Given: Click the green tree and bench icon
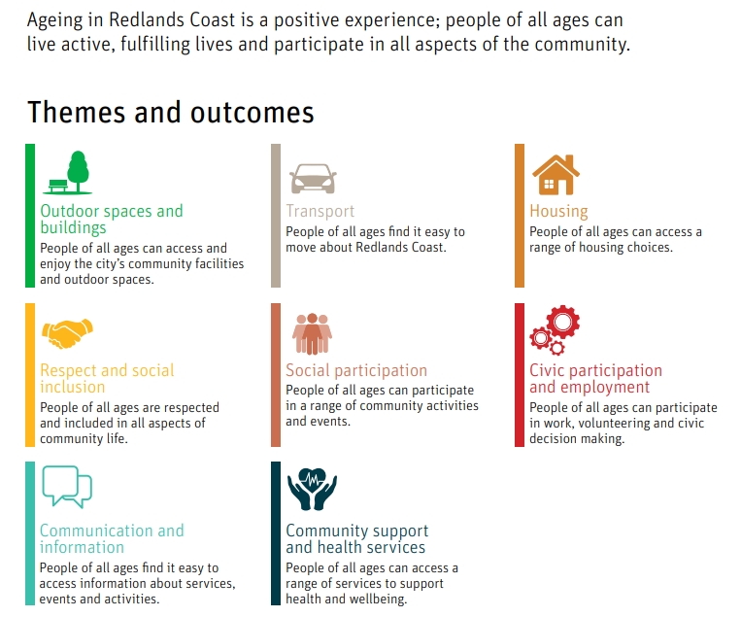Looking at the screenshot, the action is pyautogui.click(x=68, y=173).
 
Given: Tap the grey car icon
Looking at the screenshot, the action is pyautogui.click(x=313, y=179).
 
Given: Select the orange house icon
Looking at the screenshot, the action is pyautogui.click(x=556, y=175).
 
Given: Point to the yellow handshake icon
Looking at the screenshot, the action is pyautogui.click(x=67, y=333).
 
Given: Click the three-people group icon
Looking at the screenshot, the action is pyautogui.click(x=312, y=334).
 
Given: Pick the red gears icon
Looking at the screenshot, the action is pyautogui.click(x=555, y=330).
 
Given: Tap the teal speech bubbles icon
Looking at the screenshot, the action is pyautogui.click(x=67, y=487).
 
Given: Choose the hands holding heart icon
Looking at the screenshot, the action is pyautogui.click(x=312, y=490).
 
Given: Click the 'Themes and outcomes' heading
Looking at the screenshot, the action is pyautogui.click(x=171, y=113).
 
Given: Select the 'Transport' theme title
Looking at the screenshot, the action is pyautogui.click(x=320, y=211).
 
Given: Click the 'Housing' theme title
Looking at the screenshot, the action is pyautogui.click(x=558, y=212).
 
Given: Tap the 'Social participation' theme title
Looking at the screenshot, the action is pyautogui.click(x=356, y=370).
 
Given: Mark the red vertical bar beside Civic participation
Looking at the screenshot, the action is pyautogui.click(x=520, y=375).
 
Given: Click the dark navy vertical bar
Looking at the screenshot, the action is pyautogui.click(x=276, y=533).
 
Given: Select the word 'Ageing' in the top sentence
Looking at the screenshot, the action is pyautogui.click(x=49, y=20).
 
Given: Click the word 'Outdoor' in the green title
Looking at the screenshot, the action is pyautogui.click(x=70, y=211).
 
